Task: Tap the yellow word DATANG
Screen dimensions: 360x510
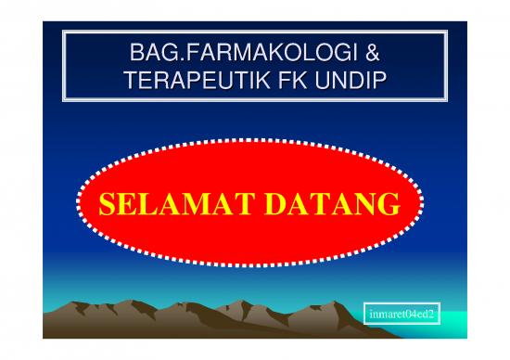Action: pyautogui.click(x=325, y=204)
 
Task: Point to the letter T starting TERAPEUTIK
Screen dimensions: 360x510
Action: pyautogui.click(x=130, y=82)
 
